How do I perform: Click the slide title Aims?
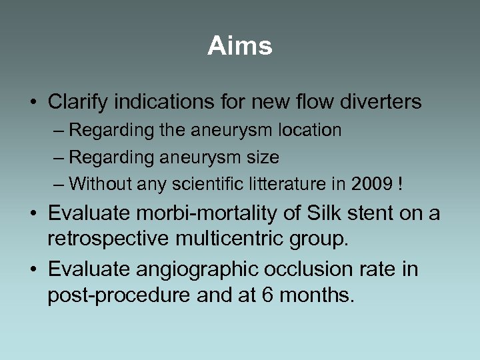coord(240,46)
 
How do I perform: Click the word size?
coord(263,157)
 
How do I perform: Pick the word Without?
coord(99,184)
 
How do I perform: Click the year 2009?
coord(369,184)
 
